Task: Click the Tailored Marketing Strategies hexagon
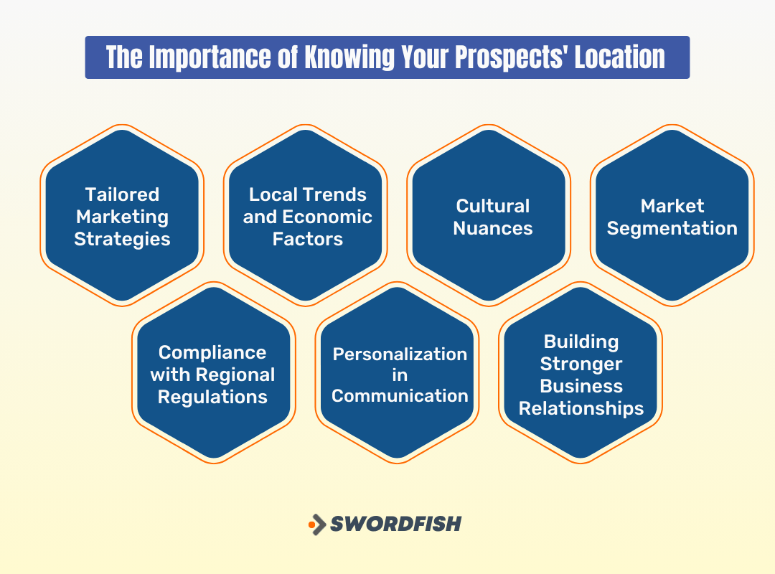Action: click(122, 215)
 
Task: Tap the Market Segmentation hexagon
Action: click(672, 215)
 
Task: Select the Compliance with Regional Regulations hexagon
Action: click(213, 372)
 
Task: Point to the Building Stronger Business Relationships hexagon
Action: click(581, 372)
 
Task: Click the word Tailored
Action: click(122, 194)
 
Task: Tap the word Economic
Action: click(327, 217)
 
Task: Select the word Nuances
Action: click(494, 228)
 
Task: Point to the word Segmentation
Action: click(672, 228)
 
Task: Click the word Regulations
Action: click(213, 397)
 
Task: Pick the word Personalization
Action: click(400, 354)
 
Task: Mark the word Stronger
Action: click(581, 364)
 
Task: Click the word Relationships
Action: click(581, 408)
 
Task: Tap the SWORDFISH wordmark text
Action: click(395, 524)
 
